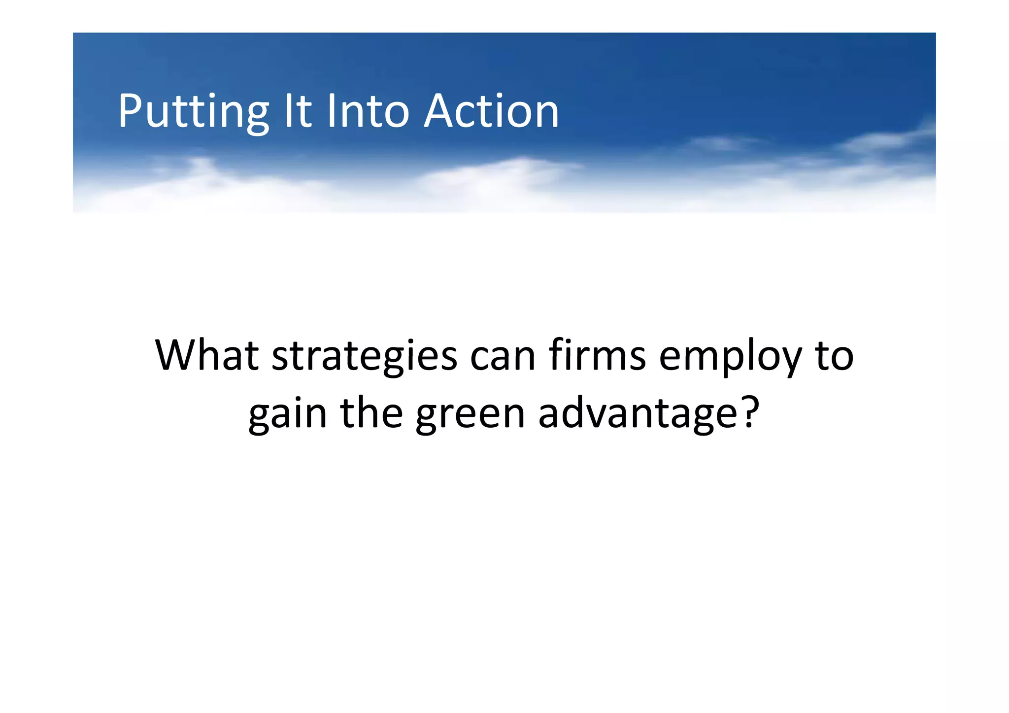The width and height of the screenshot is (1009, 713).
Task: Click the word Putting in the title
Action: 193,112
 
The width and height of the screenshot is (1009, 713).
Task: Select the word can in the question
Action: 503,356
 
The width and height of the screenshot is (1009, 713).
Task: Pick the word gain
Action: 287,414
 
